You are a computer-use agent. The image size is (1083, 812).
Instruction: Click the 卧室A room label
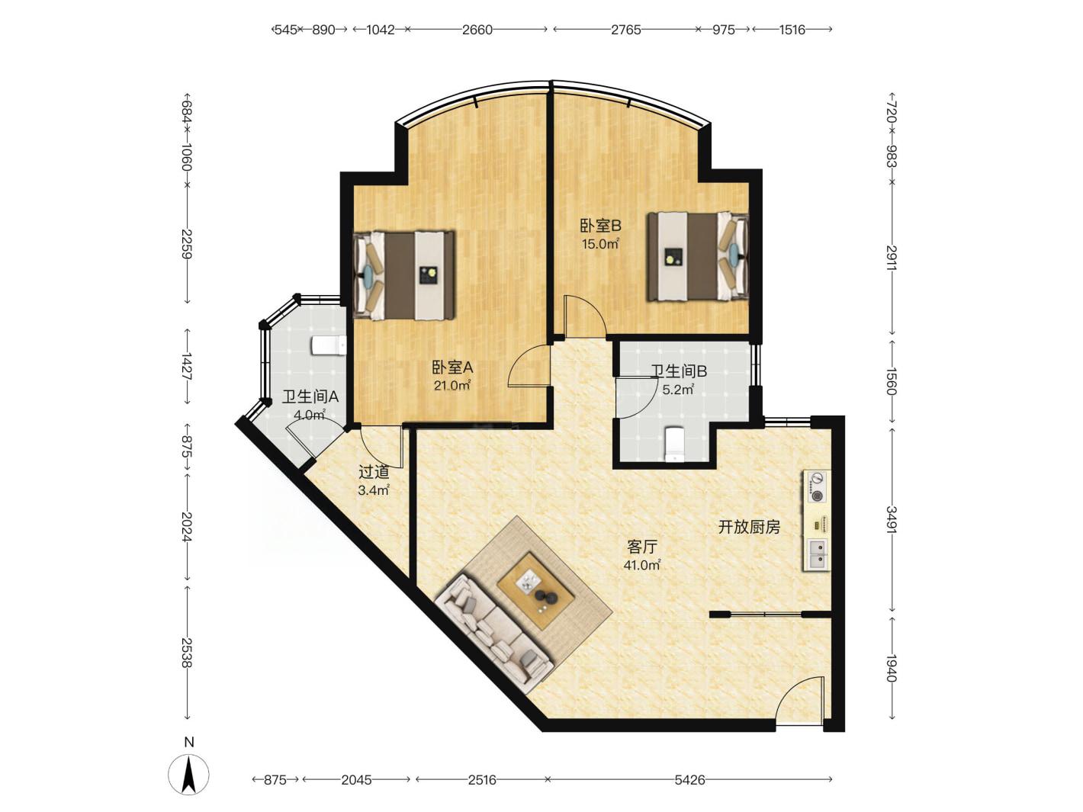click(x=452, y=367)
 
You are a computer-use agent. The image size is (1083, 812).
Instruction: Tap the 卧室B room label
click(x=600, y=226)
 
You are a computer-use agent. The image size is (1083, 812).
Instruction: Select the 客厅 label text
click(x=642, y=547)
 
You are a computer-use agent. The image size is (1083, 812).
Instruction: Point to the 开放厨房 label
click(x=749, y=527)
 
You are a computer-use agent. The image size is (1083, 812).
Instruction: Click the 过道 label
click(x=374, y=472)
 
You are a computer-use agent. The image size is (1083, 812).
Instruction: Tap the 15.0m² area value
click(x=600, y=243)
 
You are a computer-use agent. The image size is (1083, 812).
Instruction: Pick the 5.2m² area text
click(x=678, y=390)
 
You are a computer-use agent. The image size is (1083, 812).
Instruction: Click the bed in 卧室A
click(x=404, y=275)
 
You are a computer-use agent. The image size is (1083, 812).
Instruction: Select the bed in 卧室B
click(x=698, y=256)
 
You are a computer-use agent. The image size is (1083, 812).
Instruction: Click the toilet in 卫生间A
click(x=329, y=345)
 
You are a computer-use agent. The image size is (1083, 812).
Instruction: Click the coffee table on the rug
click(x=536, y=591)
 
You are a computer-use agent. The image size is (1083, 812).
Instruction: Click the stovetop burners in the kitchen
click(x=818, y=487)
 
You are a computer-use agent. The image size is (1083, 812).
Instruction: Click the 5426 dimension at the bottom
click(x=689, y=779)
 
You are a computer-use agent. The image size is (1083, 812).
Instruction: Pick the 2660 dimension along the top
click(x=477, y=30)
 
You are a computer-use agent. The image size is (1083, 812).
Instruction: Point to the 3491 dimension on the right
click(x=891, y=520)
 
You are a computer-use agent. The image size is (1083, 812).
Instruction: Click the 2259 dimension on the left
click(x=187, y=244)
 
